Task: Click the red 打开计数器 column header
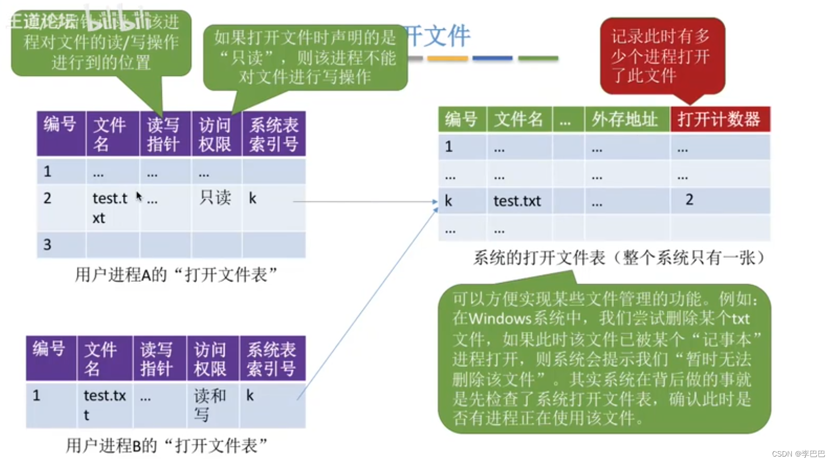tap(719, 119)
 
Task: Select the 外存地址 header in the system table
tap(625, 119)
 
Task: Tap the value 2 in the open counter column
tap(689, 200)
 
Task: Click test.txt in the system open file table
tap(517, 201)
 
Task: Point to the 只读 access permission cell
tap(215, 198)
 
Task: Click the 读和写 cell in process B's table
tap(209, 404)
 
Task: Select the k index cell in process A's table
tap(253, 199)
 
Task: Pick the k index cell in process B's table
tap(250, 396)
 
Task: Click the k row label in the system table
tap(449, 201)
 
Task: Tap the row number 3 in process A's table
tap(48, 245)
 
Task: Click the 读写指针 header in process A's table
tap(163, 134)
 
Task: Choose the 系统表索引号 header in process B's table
tap(271, 359)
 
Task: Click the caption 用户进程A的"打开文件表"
tap(176, 275)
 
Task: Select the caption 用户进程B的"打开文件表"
tap(167, 445)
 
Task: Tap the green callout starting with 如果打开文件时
tap(305, 57)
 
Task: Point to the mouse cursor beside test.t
tap(139, 197)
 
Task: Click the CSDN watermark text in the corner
tap(798, 454)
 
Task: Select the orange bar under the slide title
tap(447, 58)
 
